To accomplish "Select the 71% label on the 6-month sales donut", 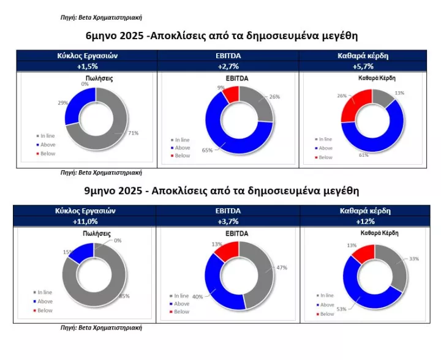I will [x=134, y=133].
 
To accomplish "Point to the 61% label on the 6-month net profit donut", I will [x=363, y=155].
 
